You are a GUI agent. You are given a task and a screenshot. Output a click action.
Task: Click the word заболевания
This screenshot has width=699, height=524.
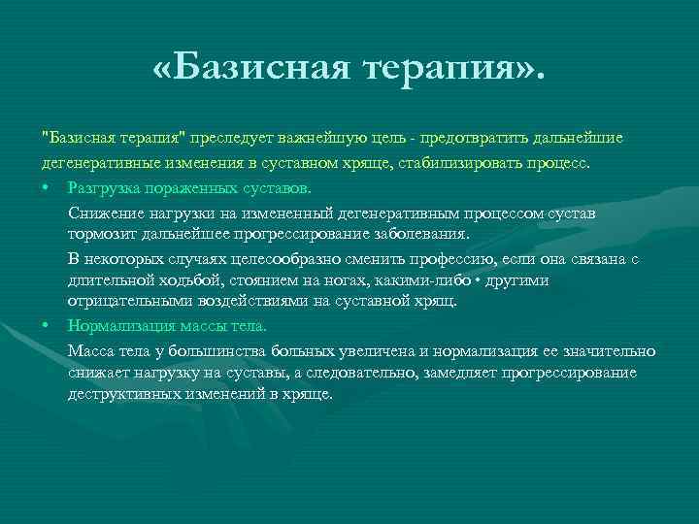(425, 234)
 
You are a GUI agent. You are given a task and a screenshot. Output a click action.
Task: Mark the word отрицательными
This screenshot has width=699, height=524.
(120, 303)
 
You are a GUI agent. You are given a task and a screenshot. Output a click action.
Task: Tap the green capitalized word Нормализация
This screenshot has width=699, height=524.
(116, 326)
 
